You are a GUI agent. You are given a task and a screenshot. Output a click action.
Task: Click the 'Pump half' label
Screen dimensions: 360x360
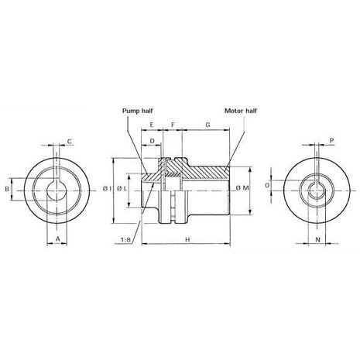137,111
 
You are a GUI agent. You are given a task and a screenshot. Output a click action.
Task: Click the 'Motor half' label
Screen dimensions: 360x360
241,111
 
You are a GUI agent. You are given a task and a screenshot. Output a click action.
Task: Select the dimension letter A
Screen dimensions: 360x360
58,238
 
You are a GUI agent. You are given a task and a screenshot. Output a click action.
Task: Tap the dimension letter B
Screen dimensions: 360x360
7,189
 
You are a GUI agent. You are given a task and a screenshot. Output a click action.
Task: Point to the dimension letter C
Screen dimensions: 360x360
70,142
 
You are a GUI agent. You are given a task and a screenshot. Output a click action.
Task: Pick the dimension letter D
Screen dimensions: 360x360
152,141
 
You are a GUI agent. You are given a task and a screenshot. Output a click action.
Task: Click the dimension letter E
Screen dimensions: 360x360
152,125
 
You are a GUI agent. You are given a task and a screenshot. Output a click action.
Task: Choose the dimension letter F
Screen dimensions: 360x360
173,125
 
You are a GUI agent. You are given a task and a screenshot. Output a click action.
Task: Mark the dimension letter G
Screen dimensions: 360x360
207,125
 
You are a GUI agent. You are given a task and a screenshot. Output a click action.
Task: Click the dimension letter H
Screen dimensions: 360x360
187,240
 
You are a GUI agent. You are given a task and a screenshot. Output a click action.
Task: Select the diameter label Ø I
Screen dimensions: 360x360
107,188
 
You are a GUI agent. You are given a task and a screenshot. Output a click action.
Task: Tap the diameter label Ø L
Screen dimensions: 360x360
122,188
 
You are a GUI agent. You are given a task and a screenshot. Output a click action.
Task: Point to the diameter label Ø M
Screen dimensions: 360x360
242,188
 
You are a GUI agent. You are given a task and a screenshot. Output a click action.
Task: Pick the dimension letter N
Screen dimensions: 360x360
317,240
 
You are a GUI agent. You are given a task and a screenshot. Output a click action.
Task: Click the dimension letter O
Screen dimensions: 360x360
267,185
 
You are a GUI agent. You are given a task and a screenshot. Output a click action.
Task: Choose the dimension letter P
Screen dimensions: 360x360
332,141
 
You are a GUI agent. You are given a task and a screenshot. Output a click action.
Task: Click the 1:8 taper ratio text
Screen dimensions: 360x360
125,240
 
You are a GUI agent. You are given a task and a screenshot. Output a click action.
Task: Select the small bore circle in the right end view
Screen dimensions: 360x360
317,190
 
